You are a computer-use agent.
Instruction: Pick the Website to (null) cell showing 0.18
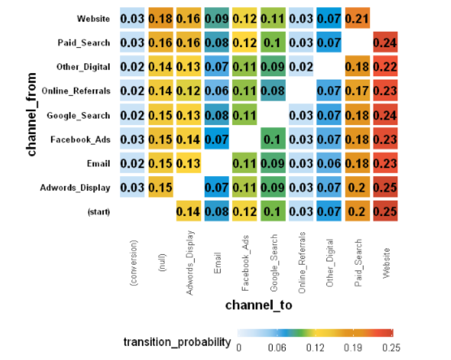[x=160, y=19]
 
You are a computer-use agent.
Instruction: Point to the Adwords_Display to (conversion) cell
[x=132, y=187]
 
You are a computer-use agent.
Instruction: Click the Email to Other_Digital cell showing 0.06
[x=328, y=163]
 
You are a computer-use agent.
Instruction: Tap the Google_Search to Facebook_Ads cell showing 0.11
[x=244, y=115]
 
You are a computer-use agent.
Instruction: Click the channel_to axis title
[x=258, y=305]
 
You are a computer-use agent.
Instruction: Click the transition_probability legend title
[x=177, y=341]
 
